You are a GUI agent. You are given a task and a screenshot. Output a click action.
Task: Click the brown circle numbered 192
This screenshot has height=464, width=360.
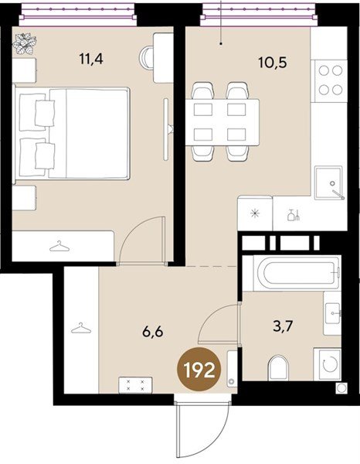click(199, 370)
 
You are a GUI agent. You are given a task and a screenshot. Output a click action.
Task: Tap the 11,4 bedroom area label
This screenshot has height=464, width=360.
click(91, 59)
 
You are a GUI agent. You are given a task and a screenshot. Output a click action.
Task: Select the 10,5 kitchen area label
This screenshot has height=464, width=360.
click(273, 63)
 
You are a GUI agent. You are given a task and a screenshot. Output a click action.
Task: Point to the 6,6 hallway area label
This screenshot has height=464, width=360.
click(152, 332)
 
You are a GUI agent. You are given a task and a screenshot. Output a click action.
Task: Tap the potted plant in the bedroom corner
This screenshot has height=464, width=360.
click(24, 44)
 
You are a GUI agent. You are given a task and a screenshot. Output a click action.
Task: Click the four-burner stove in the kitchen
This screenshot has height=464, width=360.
click(329, 80)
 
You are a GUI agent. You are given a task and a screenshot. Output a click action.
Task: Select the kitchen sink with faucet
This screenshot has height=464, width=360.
click(329, 183)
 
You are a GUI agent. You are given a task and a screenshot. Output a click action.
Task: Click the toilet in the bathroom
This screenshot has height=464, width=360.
click(278, 367)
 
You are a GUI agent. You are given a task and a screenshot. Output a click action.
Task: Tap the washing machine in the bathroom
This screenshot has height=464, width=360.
click(328, 364)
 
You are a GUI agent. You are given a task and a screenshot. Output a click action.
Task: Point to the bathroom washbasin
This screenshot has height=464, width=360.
click(332, 313)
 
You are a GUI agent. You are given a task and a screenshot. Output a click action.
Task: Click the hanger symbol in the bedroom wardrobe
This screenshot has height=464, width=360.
click(59, 246)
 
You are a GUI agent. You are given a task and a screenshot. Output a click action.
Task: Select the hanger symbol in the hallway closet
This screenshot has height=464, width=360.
click(81, 328)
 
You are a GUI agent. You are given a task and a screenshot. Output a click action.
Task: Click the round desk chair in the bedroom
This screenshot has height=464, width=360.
click(146, 58)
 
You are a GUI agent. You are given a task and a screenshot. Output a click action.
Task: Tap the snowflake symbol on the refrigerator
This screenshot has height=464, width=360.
click(255, 213)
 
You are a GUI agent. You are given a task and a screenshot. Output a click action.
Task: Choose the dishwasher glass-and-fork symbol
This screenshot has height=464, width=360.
click(294, 215)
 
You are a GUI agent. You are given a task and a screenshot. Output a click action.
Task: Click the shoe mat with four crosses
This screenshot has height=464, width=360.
click(135, 385)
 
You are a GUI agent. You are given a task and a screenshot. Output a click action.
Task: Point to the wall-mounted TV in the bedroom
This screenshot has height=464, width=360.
click(167, 129)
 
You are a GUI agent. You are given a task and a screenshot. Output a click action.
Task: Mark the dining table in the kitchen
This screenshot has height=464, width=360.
click(222, 122)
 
